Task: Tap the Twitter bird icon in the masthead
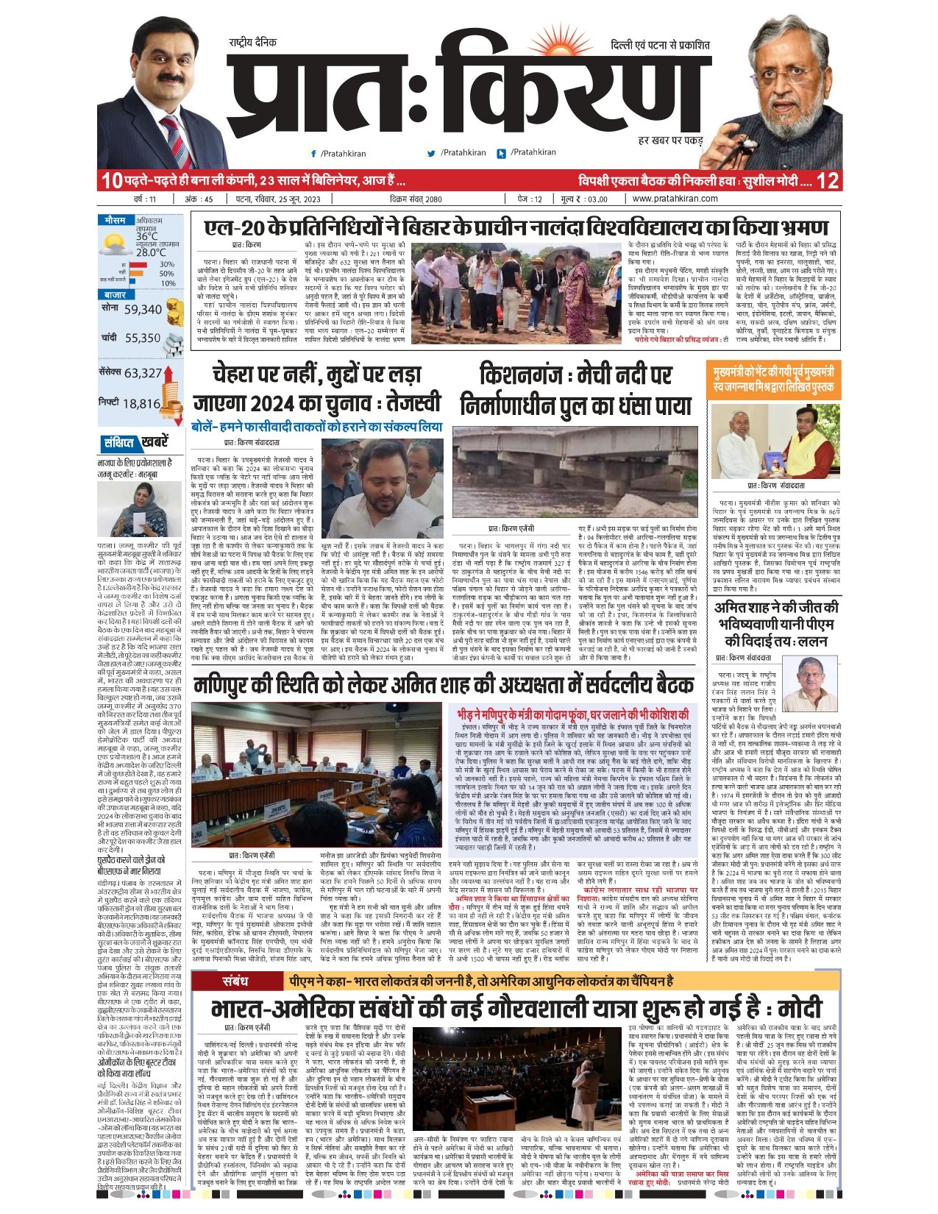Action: tap(432, 154)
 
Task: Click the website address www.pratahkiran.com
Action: tap(675, 199)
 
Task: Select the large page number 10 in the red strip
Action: tap(110, 180)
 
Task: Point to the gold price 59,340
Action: tap(143, 310)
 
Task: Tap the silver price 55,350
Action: tap(142, 338)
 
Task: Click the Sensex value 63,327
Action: tap(143, 373)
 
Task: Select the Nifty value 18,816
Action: tap(141, 403)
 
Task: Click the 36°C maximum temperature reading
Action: tap(147, 236)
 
